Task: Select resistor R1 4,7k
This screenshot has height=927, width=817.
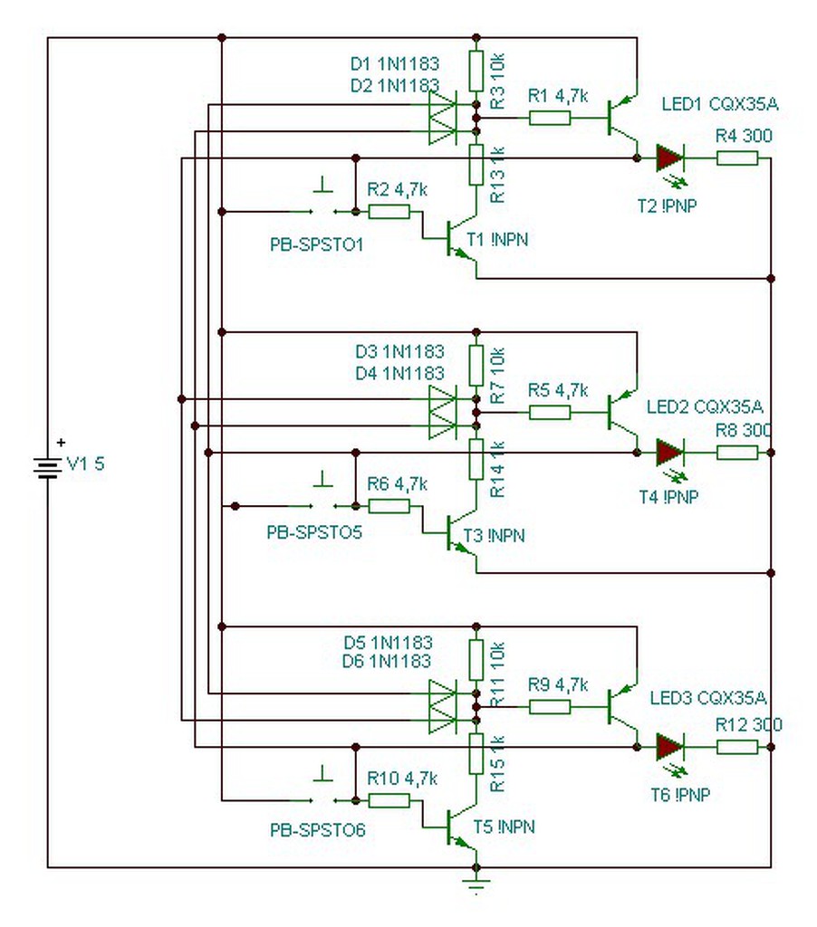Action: tap(550, 118)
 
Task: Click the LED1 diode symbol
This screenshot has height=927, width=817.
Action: tap(669, 158)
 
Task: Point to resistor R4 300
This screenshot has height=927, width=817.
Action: tap(737, 158)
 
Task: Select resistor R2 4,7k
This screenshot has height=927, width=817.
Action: tap(389, 212)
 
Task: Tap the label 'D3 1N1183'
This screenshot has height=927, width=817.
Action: tap(399, 351)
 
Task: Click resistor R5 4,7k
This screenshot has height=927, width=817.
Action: tap(550, 413)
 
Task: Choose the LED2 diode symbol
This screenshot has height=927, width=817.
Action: tap(669, 452)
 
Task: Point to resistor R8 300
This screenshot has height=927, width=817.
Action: tap(737, 452)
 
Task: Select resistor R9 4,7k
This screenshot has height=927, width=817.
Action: tap(550, 706)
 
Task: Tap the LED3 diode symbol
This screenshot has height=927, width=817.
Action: tap(669, 747)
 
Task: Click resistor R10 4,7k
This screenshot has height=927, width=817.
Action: tap(389, 800)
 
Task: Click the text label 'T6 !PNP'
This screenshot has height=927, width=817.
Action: tap(680, 795)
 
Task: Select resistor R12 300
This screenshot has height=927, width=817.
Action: tap(737, 747)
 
